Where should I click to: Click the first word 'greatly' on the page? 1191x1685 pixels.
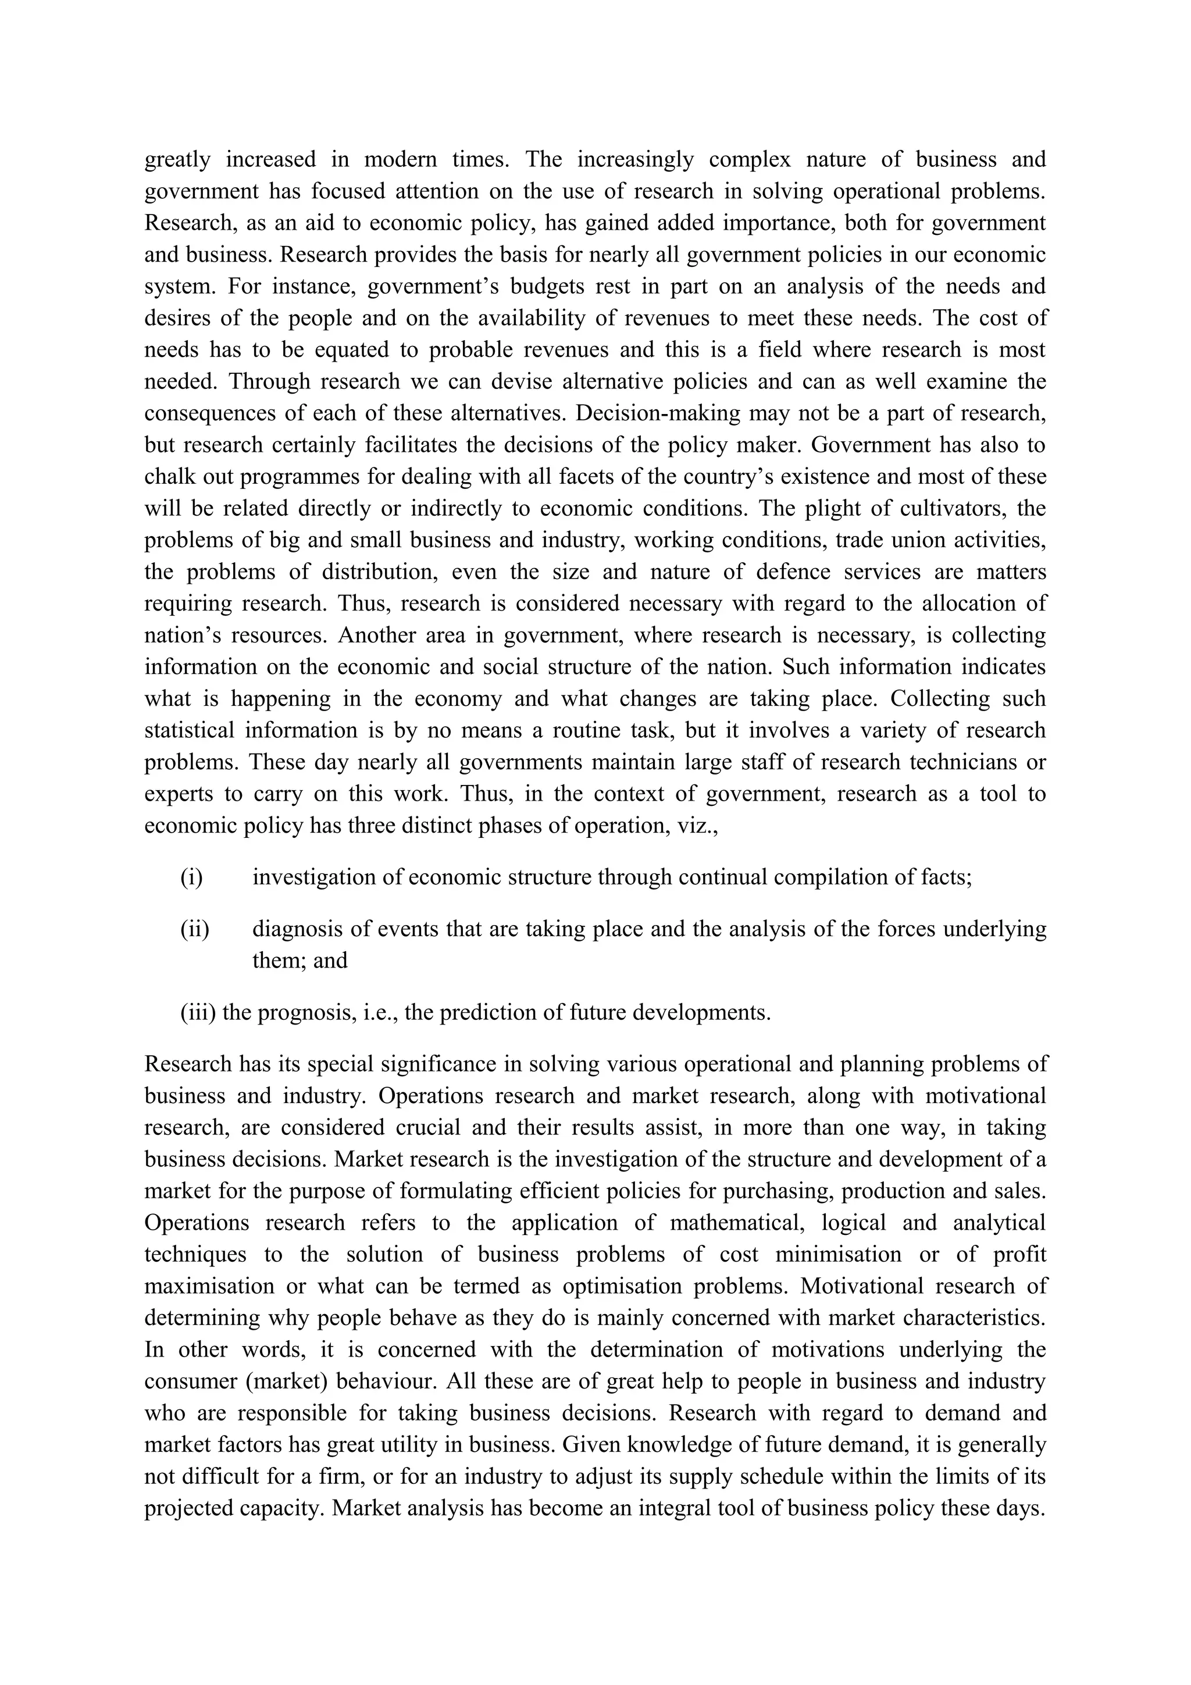tap(177, 160)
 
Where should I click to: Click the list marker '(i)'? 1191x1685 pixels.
tap(191, 878)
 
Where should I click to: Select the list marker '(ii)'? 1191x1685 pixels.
tap(194, 930)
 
